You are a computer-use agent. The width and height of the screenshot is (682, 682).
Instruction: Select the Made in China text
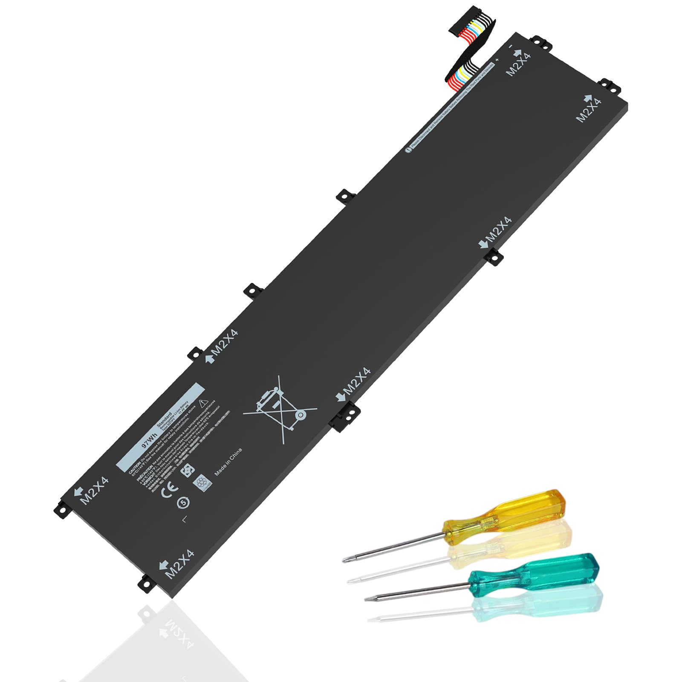(x=228, y=462)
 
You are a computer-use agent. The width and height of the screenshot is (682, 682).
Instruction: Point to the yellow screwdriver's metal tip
(x=346, y=560)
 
